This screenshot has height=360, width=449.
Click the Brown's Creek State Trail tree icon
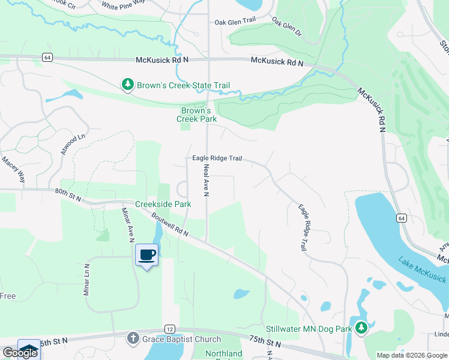[x=127, y=85]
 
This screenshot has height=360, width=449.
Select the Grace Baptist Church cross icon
[x=133, y=339]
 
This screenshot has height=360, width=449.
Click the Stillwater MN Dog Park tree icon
[x=360, y=328]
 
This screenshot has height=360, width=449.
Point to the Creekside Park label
[x=163, y=205]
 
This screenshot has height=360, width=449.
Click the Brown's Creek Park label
[x=196, y=115]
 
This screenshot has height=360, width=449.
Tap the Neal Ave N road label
[x=206, y=180]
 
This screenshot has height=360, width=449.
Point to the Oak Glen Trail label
[x=236, y=22]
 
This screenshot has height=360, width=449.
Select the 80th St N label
[x=68, y=194]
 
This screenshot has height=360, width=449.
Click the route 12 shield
[x=170, y=329]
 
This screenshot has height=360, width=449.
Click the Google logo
[x=20, y=353]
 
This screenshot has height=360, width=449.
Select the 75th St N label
[x=265, y=343]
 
